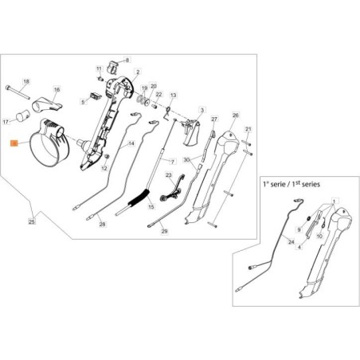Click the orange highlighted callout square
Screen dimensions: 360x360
(x=13, y=143)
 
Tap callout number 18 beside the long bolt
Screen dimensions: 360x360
(x=25, y=82)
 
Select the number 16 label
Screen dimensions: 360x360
(x=57, y=90)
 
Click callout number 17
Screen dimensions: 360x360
(x=28, y=122)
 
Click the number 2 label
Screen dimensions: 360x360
(x=139, y=72)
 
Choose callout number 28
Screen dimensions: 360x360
(x=102, y=225)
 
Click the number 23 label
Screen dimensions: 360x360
(x=168, y=174)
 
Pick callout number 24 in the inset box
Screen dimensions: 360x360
(x=268, y=241)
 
